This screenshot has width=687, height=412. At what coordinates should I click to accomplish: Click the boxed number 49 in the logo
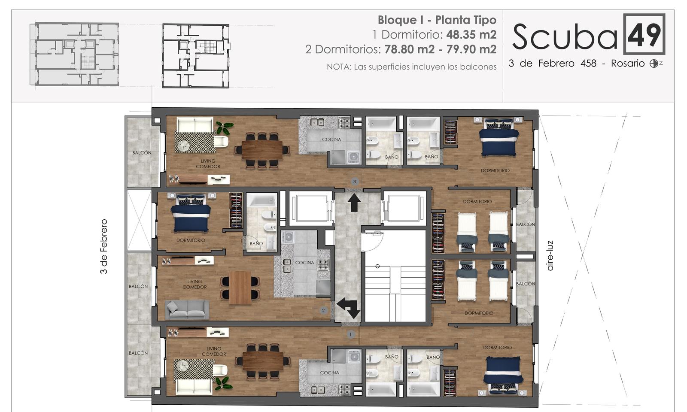point(644,34)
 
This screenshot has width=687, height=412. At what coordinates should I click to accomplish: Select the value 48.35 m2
point(471,34)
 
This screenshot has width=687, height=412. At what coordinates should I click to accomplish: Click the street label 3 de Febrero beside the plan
point(104,246)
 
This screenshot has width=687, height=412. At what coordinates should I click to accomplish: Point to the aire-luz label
point(550,255)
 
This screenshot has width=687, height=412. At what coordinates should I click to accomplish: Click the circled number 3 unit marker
point(355,182)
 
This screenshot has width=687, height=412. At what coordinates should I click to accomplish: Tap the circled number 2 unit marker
point(323,311)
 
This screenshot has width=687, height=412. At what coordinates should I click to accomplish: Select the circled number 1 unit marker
point(350,334)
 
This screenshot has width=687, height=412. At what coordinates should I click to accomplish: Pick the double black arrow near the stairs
point(349,307)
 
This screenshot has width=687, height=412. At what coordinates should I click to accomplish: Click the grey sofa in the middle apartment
point(187,309)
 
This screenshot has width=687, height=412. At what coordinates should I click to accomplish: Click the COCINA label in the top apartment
point(331,139)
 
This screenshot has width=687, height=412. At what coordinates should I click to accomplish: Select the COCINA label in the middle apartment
point(304,263)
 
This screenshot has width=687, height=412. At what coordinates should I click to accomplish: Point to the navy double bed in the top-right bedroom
point(499,137)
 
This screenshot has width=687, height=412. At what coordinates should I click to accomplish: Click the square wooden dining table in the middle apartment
point(240,288)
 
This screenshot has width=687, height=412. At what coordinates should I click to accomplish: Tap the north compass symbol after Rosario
point(654,64)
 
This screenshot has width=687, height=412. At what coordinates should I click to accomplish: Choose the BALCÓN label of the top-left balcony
point(142,153)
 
